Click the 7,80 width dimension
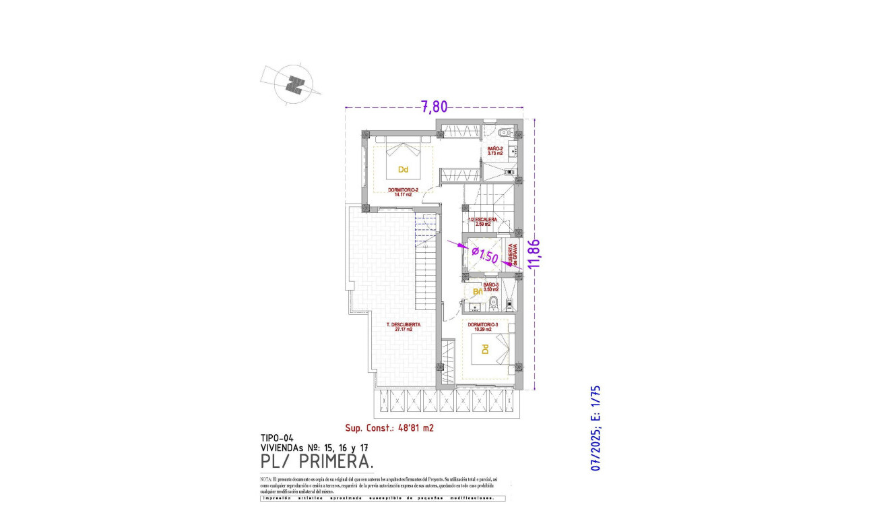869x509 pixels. pyautogui.click(x=434, y=107)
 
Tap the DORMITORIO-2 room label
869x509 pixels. pyautogui.click(x=404, y=192)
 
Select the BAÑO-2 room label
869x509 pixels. pyautogui.click(x=495, y=151)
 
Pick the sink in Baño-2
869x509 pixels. pyautogui.click(x=513, y=152)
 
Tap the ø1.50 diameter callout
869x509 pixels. pyautogui.click(x=484, y=255)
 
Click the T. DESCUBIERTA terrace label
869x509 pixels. pyautogui.click(x=404, y=327)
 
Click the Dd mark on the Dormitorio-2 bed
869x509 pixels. pyautogui.click(x=403, y=169)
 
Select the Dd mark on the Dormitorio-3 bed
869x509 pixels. pyautogui.click(x=484, y=349)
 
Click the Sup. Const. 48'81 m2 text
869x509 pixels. pyautogui.click(x=389, y=427)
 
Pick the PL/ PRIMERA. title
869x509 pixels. pyautogui.click(x=317, y=462)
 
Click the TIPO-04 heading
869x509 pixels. pyautogui.click(x=277, y=438)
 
